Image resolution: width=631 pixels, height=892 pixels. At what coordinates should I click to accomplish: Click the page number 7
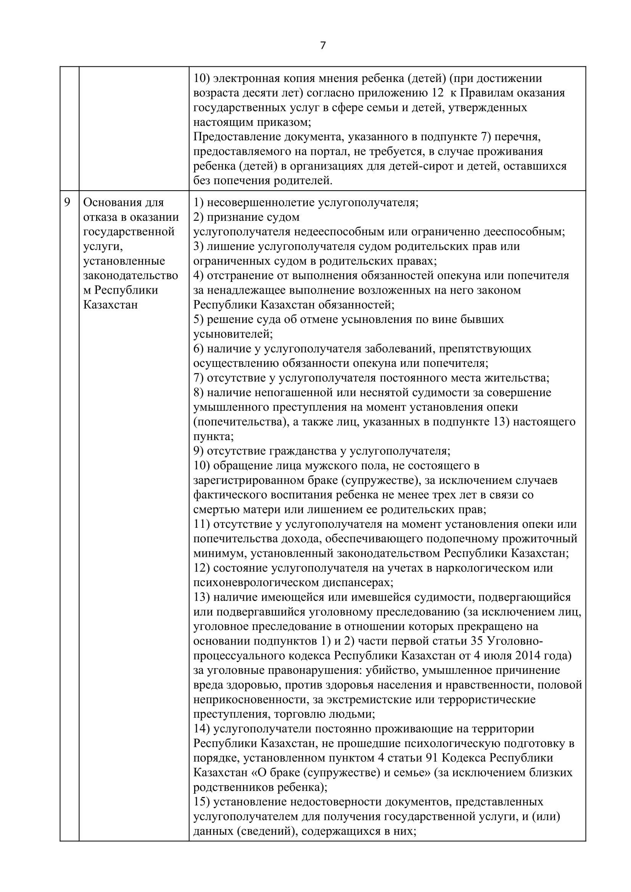(322, 46)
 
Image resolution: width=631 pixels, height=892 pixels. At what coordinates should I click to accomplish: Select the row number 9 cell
(68, 203)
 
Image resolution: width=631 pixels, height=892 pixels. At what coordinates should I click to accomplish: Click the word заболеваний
(394, 349)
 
